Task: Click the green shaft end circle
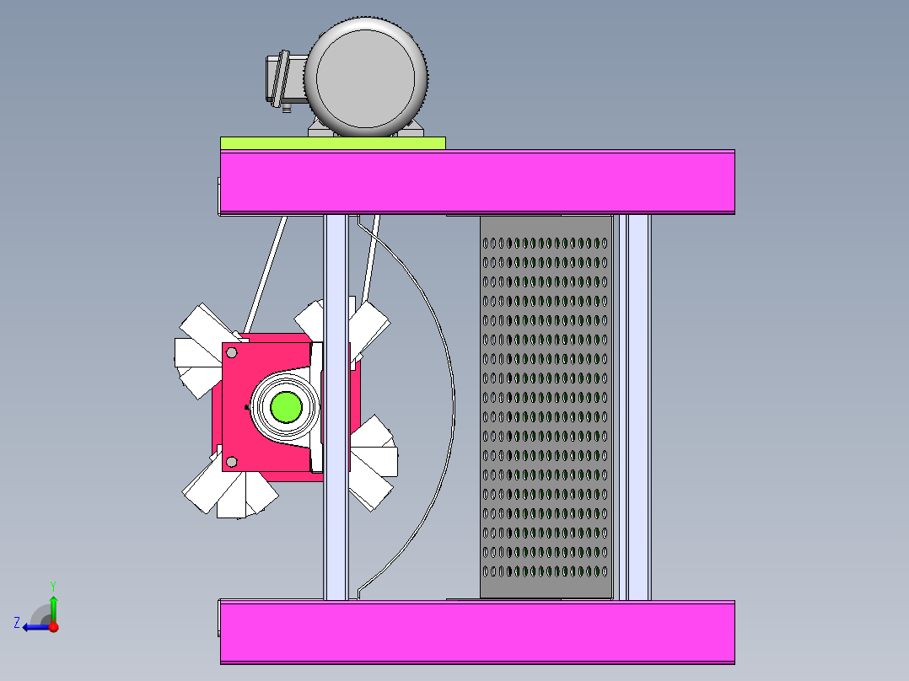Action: [286, 406]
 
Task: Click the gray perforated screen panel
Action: [546, 405]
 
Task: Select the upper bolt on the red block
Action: [232, 351]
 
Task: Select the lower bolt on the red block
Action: [232, 461]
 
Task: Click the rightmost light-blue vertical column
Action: [638, 405]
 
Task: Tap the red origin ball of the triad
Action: [53, 626]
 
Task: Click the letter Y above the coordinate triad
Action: [52, 585]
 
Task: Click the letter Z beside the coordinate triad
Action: [17, 623]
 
